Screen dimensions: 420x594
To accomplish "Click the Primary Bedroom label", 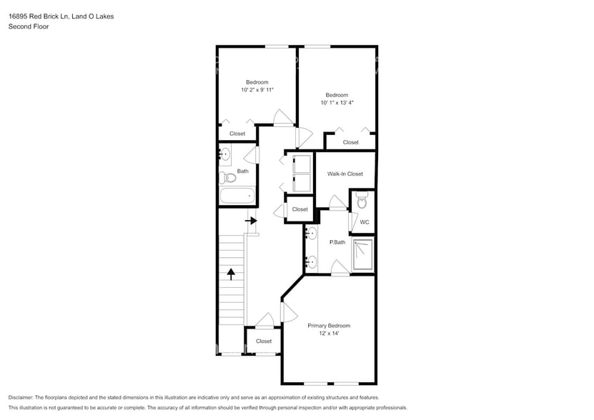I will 329,326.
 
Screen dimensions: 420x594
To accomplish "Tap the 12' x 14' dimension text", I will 329,334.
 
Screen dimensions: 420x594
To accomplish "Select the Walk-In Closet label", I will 345,174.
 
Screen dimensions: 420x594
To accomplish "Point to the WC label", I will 364,222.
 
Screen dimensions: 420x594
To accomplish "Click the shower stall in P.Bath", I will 364,254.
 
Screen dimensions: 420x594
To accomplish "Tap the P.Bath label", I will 337,242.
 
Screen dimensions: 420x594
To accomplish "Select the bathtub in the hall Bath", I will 237,196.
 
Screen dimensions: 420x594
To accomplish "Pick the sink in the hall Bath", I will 224,154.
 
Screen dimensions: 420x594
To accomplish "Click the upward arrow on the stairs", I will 231,273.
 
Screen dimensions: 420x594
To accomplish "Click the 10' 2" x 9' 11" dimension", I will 257,89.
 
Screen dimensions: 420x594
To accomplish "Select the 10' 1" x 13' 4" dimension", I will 337,103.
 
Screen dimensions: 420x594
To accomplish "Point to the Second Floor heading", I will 26,26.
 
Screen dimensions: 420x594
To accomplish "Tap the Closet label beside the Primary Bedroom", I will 264,341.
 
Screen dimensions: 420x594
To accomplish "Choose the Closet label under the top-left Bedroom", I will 237,134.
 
